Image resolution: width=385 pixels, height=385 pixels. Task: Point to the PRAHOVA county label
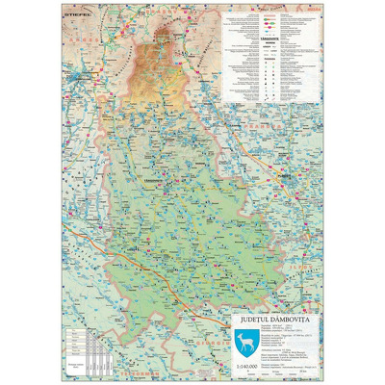289,125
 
